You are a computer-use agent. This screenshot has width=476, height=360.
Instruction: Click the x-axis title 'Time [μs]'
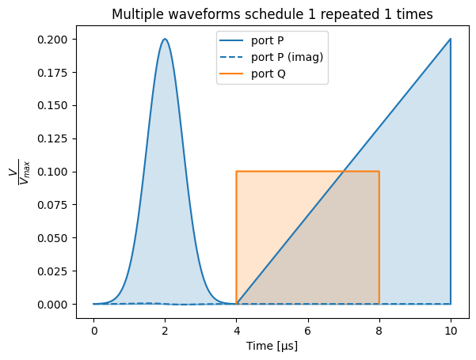pos(272,347)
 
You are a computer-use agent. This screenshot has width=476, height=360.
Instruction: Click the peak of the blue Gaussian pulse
pos(165,40)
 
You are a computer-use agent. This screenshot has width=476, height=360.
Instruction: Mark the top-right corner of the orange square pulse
pos(379,172)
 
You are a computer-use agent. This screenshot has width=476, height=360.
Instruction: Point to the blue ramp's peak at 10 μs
pos(451,40)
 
